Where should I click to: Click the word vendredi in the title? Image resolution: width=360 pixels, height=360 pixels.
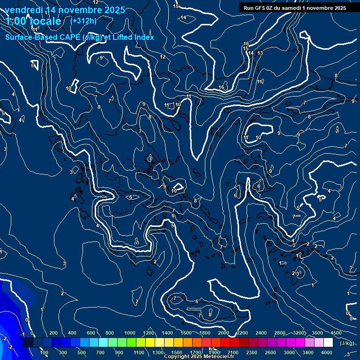(x=23, y=10)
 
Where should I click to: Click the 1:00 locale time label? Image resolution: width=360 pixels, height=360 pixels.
(x=34, y=21)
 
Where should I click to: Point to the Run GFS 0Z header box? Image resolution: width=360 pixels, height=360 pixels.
(x=294, y=8)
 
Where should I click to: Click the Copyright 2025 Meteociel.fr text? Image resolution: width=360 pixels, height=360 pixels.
(x=199, y=357)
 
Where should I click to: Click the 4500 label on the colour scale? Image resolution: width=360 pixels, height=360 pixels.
(x=336, y=333)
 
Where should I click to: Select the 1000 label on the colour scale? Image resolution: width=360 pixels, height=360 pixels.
(x=130, y=333)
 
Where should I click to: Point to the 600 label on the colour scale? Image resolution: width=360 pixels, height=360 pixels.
(x=91, y=333)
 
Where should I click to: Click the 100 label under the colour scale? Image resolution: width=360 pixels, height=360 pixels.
(x=44, y=352)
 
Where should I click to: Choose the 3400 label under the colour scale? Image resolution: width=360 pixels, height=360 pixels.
(x=308, y=352)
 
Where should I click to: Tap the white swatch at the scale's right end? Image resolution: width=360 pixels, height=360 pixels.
(x=337, y=343)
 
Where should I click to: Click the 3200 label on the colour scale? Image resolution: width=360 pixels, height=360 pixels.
(x=299, y=333)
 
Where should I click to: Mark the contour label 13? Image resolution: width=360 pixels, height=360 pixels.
(x=260, y=53)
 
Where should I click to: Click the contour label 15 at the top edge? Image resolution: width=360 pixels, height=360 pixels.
(x=176, y=6)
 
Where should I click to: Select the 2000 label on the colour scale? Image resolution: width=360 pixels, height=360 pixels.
(x=224, y=333)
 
